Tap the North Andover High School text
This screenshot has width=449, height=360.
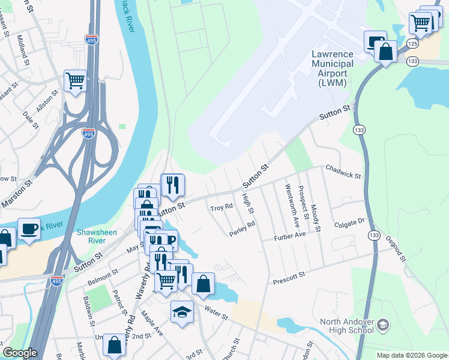click(x=348, y=326)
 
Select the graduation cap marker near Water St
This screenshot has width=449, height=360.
click(x=182, y=312)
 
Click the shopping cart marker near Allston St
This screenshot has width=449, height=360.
click(x=75, y=80)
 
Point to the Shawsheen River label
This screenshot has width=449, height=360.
click(x=92, y=236)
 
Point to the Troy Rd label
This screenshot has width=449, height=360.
click(x=221, y=208)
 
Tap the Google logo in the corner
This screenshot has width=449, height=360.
click(x=20, y=353)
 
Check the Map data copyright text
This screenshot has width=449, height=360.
click(x=412, y=355)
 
